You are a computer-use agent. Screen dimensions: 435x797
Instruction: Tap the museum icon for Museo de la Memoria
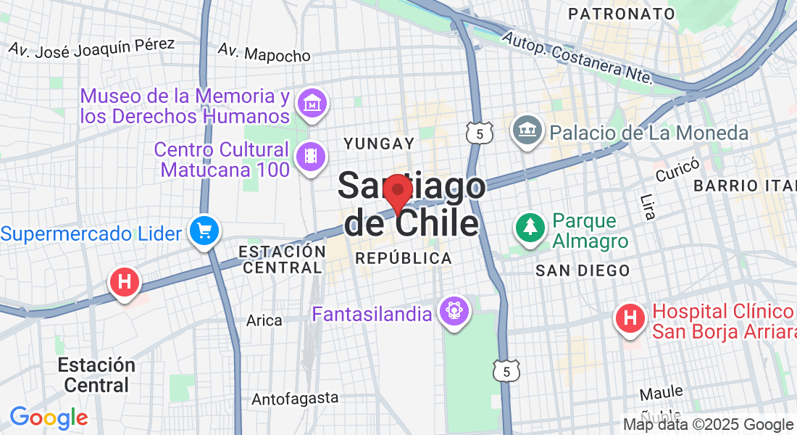click(x=312, y=104)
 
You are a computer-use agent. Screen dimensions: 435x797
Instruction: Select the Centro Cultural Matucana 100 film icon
click(x=312, y=156)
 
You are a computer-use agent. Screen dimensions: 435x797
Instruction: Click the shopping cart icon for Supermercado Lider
click(x=204, y=231)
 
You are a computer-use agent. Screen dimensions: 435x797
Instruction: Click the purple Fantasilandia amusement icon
click(x=454, y=312)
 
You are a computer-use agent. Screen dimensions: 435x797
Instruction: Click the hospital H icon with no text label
click(x=124, y=282)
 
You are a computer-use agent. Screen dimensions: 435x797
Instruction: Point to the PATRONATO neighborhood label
click(x=622, y=14)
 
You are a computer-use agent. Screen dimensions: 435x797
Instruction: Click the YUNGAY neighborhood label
click(x=379, y=144)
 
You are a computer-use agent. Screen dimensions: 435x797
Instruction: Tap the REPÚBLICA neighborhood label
click(x=404, y=258)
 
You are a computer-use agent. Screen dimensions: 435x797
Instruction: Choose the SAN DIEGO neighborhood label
click(x=582, y=270)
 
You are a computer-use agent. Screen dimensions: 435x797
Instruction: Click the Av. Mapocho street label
click(x=264, y=53)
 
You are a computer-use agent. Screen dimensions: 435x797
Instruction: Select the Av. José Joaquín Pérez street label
click(x=91, y=46)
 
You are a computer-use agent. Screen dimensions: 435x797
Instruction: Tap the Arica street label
click(x=264, y=320)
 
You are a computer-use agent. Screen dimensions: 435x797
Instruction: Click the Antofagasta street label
click(x=295, y=398)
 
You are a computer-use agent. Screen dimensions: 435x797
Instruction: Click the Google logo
click(x=49, y=418)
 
